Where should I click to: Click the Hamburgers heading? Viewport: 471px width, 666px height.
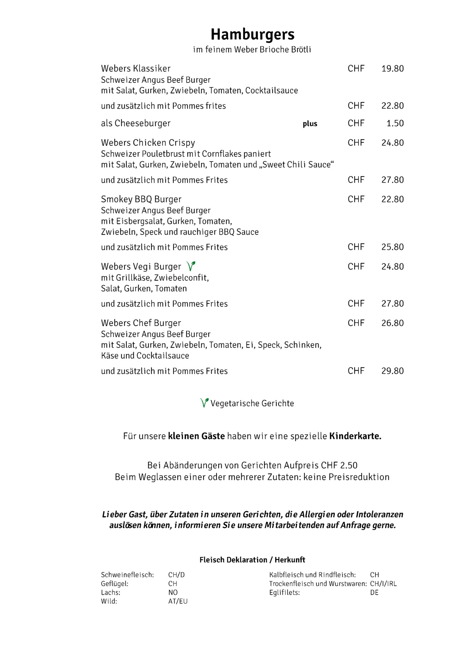tap(252, 35)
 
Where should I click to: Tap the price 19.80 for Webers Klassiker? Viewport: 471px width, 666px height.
tap(392, 69)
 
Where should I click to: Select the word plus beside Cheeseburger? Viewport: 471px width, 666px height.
tap(310, 124)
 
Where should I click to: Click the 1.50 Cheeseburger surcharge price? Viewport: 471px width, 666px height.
tap(395, 123)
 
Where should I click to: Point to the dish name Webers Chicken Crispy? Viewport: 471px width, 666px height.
tap(148, 143)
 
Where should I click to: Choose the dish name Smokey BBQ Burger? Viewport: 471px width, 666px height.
tap(141, 199)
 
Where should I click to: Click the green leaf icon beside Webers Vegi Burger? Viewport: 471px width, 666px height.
tap(191, 266)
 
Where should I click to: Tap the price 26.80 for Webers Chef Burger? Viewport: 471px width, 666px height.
tap(392, 323)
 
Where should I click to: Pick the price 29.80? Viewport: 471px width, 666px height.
tap(392, 371)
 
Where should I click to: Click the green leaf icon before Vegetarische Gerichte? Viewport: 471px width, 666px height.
tap(204, 403)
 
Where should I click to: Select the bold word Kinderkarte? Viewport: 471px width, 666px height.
tap(355, 436)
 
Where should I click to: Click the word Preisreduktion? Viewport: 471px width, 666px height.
tap(359, 477)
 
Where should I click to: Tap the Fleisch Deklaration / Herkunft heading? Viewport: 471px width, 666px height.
tap(252, 560)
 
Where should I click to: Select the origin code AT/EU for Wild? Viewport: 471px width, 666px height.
tap(178, 601)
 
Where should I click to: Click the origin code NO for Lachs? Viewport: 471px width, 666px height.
tap(173, 592)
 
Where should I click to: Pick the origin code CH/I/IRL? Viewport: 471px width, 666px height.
tap(383, 584)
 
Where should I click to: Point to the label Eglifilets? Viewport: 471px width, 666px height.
tap(284, 592)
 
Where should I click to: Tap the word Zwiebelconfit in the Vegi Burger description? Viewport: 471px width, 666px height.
tap(181, 278)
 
